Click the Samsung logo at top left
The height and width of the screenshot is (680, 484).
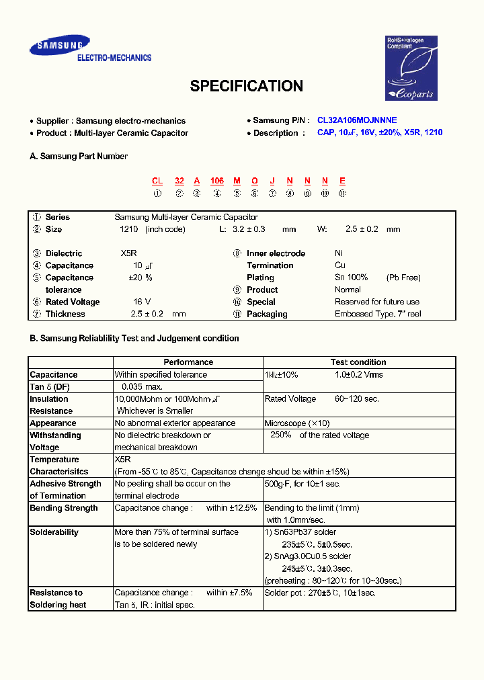[59, 46]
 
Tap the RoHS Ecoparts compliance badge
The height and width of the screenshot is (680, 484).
[411, 68]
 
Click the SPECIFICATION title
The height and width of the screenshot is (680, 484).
[246, 86]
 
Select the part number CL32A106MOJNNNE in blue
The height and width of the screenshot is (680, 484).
[357, 120]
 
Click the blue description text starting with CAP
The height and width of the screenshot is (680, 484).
[380, 132]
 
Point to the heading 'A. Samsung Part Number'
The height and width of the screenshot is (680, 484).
[79, 157]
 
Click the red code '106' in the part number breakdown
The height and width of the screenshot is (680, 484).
[216, 181]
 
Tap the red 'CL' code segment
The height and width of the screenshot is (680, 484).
[157, 181]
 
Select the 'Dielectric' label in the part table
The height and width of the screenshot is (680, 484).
[64, 253]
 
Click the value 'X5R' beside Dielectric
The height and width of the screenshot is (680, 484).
[129, 253]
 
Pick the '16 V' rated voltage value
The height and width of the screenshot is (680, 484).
[142, 302]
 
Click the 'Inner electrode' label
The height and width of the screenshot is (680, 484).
[276, 253]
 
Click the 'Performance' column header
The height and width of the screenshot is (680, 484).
[188, 362]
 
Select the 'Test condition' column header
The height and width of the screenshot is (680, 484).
[358, 362]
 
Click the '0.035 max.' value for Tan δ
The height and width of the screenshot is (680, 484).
[142, 387]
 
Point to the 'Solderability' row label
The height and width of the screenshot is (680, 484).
[54, 532]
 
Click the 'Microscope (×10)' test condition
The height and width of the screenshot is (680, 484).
[296, 423]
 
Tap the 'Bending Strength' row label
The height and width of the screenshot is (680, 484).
[64, 508]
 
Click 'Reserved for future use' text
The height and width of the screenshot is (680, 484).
[377, 302]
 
